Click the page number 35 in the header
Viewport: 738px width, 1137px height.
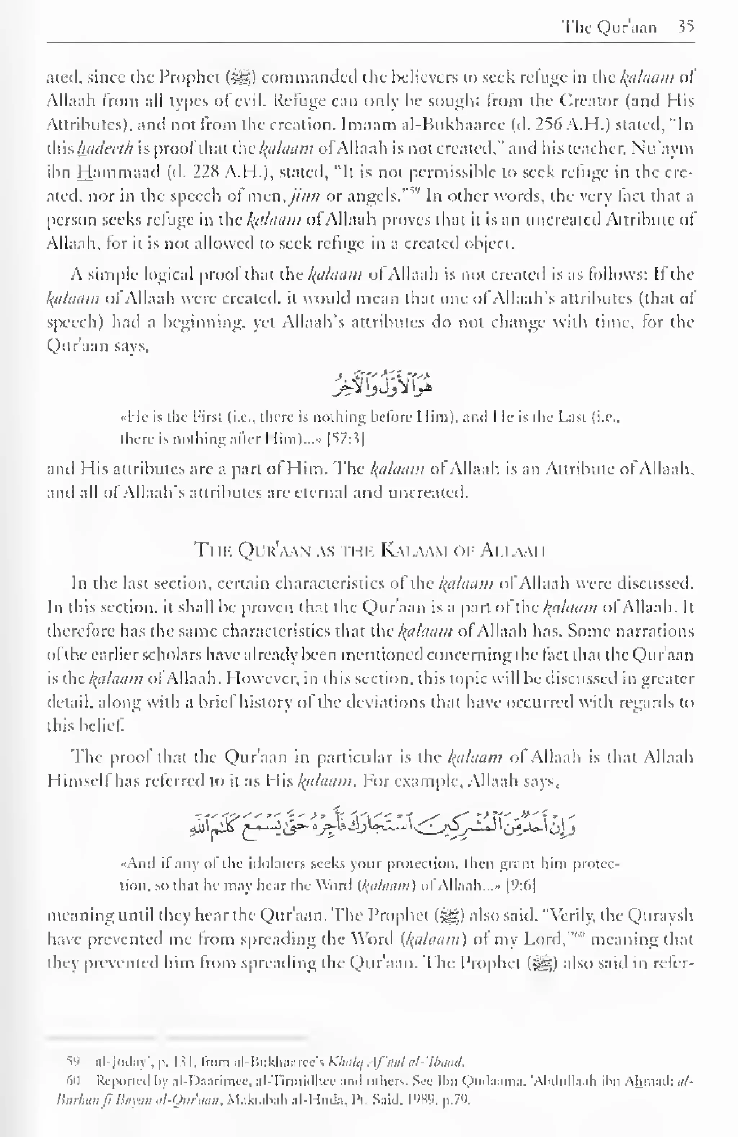tap(685, 27)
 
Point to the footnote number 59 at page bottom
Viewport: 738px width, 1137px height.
tap(72, 1062)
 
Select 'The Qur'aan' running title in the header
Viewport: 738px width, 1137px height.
tap(609, 27)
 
